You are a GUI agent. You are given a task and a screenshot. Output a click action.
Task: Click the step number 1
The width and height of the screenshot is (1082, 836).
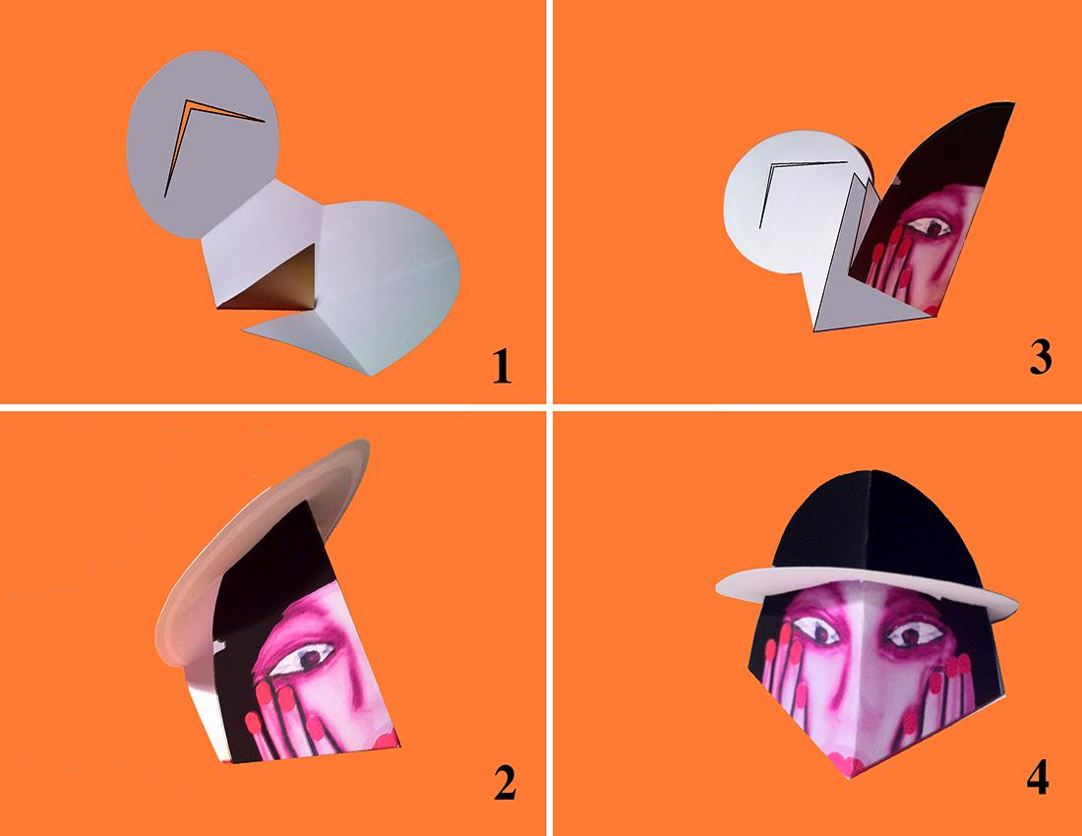pyautogui.click(x=502, y=366)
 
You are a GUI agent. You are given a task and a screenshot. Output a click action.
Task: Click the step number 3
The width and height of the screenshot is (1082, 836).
pyautogui.click(x=1041, y=358)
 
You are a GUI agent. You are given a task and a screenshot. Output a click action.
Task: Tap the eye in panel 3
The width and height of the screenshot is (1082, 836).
pyautogui.click(x=930, y=226)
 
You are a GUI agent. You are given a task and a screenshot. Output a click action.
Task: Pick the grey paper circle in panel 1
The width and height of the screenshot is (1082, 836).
pyautogui.click(x=205, y=143)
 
